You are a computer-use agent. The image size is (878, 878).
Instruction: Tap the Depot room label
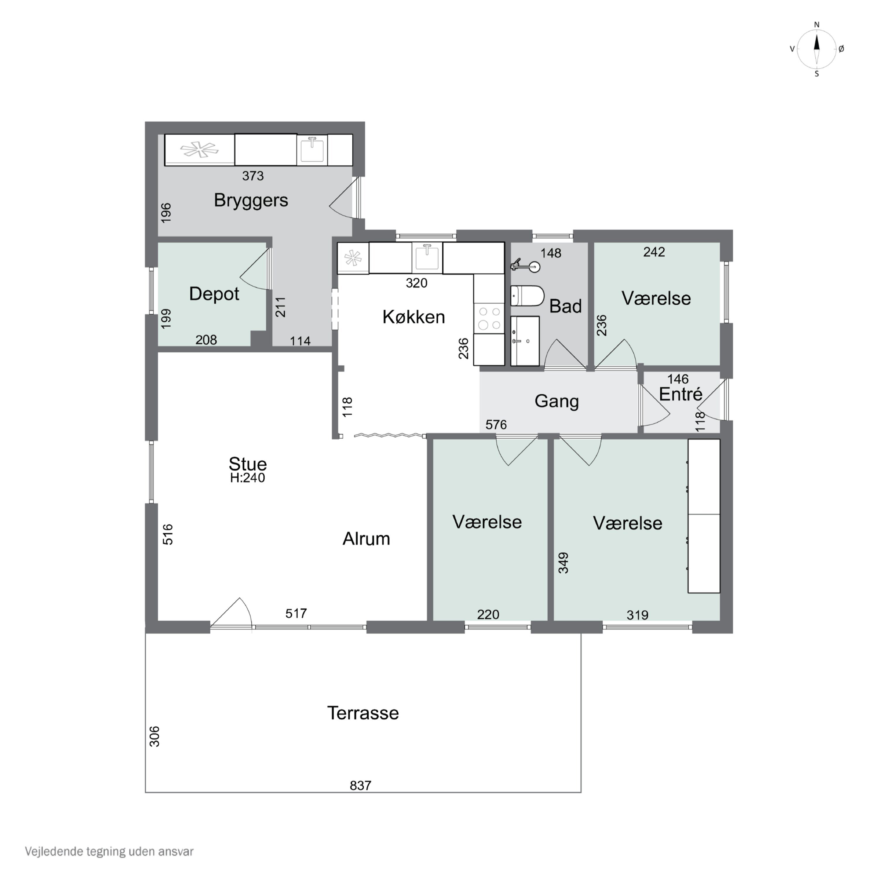(x=214, y=294)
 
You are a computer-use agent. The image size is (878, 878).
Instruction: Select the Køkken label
(x=414, y=317)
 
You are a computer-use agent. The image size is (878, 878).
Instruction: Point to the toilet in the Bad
(x=527, y=296)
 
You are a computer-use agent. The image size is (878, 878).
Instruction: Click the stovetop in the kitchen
(x=489, y=318)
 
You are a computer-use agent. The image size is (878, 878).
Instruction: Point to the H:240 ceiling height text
(x=248, y=478)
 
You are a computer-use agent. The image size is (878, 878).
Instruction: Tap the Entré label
(x=681, y=394)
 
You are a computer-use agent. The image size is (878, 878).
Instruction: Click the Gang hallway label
(x=557, y=401)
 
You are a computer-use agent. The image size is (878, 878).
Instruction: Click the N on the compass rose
(x=817, y=25)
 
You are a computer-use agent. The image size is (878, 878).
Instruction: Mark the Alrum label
(x=366, y=539)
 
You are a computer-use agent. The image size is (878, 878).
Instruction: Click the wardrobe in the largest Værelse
(x=704, y=516)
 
